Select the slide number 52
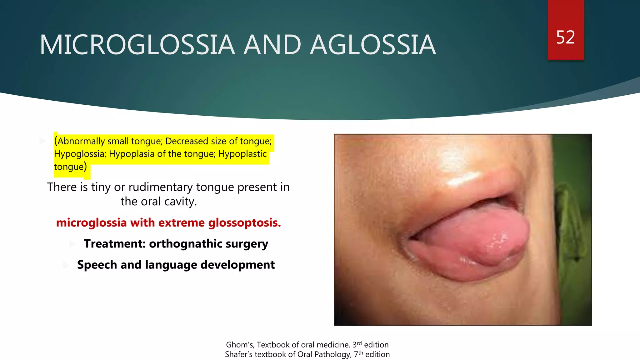[565, 37]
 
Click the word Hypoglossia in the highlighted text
[80, 154]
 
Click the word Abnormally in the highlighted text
[81, 141]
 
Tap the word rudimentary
[161, 187]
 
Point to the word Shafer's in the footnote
[239, 354]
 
